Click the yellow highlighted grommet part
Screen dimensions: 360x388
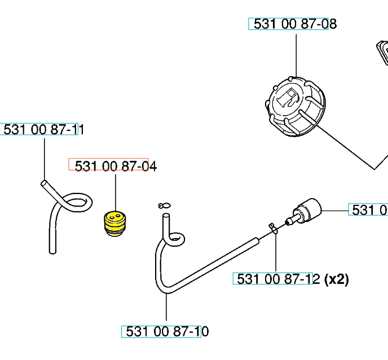pos(115,223)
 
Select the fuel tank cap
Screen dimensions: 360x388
pos(295,107)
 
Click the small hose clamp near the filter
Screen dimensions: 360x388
pos(273,227)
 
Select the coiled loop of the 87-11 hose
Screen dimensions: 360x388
pos(77,203)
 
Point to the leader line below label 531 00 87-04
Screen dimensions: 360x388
pos(116,192)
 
